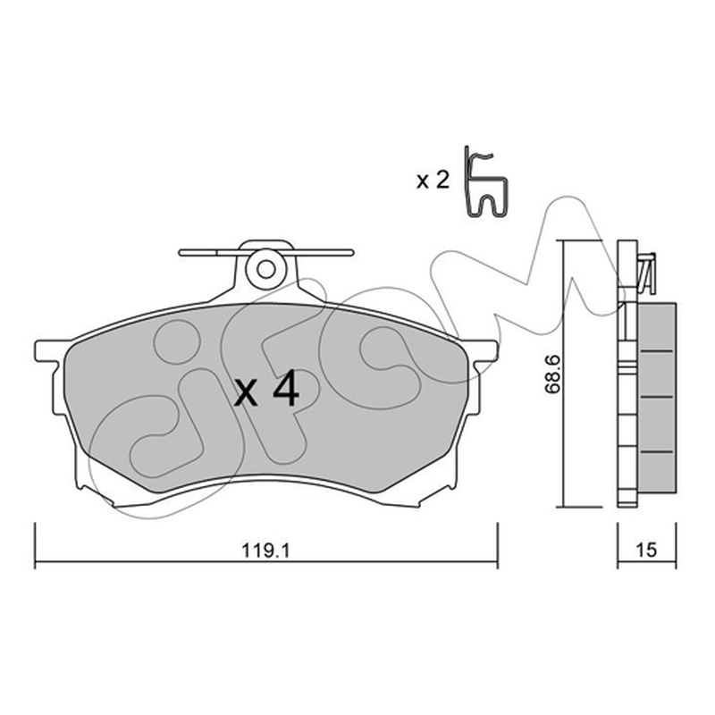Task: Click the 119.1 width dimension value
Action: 265,551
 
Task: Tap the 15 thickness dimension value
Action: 646,550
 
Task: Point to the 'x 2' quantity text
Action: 433,181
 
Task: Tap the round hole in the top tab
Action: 265,269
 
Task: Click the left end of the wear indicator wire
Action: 181,253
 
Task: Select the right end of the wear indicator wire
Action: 351,253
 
